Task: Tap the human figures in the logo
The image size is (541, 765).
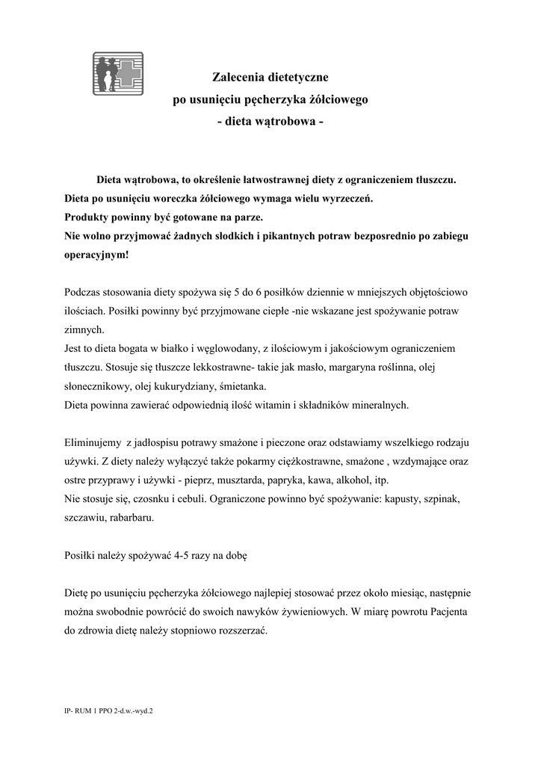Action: (107, 72)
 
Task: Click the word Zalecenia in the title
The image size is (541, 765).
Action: (237, 77)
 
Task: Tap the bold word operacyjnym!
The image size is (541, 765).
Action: (96, 255)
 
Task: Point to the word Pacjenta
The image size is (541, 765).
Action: (445, 611)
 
